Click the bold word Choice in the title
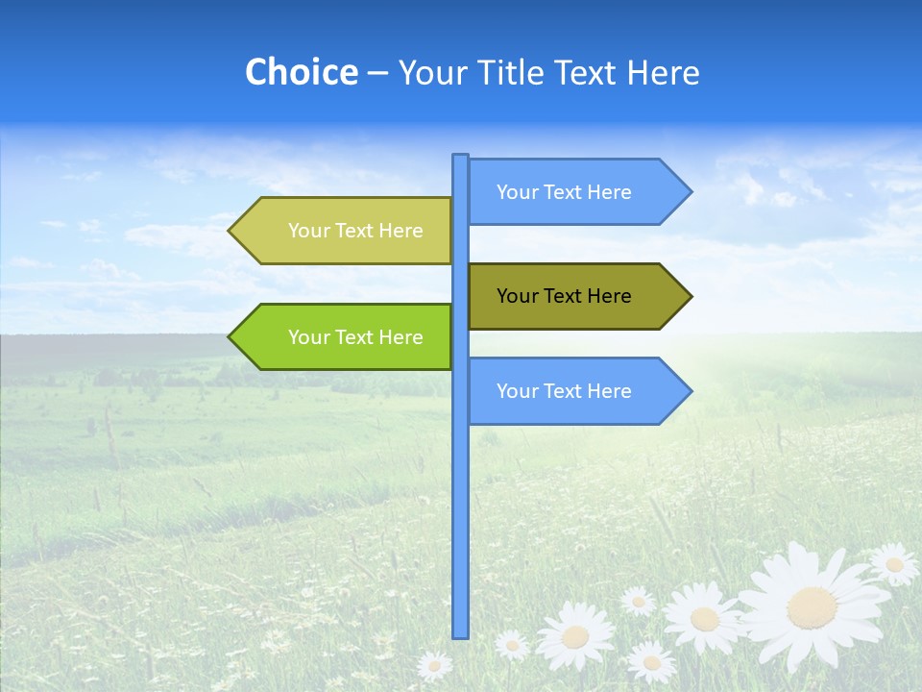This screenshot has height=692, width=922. coord(301,72)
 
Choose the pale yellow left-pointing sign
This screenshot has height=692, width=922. coord(346,231)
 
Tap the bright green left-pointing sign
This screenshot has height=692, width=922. coord(346,336)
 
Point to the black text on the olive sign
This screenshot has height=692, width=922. coord(564,296)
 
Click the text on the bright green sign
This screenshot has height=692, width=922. coord(355,337)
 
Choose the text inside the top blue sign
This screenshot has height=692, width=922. coord(564,192)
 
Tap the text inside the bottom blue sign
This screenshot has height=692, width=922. coord(564,391)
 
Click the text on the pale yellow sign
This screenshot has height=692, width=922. coord(355,231)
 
